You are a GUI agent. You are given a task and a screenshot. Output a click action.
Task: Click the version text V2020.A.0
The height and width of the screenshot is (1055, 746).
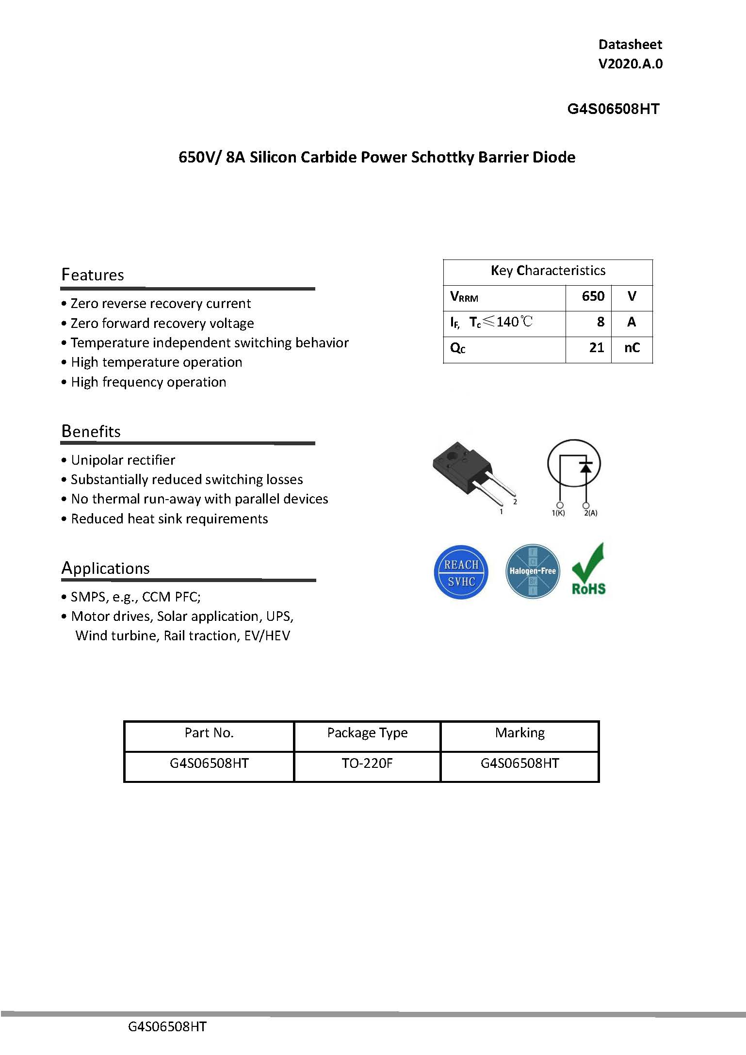(630, 64)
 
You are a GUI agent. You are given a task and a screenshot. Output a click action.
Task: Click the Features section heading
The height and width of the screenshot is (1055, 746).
(93, 275)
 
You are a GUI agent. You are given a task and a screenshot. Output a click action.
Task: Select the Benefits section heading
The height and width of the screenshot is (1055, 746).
(91, 431)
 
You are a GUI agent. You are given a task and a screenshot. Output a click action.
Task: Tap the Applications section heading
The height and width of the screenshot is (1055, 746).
(105, 568)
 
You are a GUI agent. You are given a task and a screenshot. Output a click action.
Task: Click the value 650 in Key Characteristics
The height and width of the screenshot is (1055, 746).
(593, 296)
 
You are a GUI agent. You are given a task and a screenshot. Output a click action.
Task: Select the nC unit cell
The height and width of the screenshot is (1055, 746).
(632, 348)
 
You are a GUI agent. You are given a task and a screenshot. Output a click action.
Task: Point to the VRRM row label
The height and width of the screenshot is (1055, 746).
(464, 297)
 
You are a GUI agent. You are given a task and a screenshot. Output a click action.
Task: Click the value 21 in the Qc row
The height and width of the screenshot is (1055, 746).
(596, 348)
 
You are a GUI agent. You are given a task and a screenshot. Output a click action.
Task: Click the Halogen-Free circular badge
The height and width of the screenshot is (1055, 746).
(532, 571)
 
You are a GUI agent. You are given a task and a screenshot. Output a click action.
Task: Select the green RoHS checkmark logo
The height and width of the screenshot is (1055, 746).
(588, 570)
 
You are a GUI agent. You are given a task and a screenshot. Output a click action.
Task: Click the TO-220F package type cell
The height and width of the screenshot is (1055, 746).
(367, 763)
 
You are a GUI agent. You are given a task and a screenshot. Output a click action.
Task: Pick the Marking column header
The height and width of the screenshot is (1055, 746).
(519, 732)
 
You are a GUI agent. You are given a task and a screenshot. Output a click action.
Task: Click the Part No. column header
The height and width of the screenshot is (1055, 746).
(209, 732)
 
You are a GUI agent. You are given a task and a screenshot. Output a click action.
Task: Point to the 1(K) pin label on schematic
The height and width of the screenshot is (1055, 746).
(558, 513)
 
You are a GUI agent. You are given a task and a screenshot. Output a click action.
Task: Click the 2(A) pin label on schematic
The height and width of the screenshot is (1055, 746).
(590, 513)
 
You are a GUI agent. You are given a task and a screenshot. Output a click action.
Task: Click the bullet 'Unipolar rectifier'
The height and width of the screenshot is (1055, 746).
(123, 460)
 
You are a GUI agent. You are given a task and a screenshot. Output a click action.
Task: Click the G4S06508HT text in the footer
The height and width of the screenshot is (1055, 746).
(167, 1027)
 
